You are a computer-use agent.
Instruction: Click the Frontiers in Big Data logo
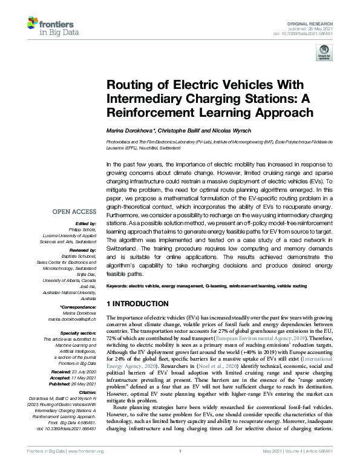tap(47, 25)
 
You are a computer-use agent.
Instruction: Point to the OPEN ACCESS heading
tap(73, 212)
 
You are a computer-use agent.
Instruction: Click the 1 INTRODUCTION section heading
tap(137, 303)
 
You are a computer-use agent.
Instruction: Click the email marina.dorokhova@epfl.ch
tap(72, 320)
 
